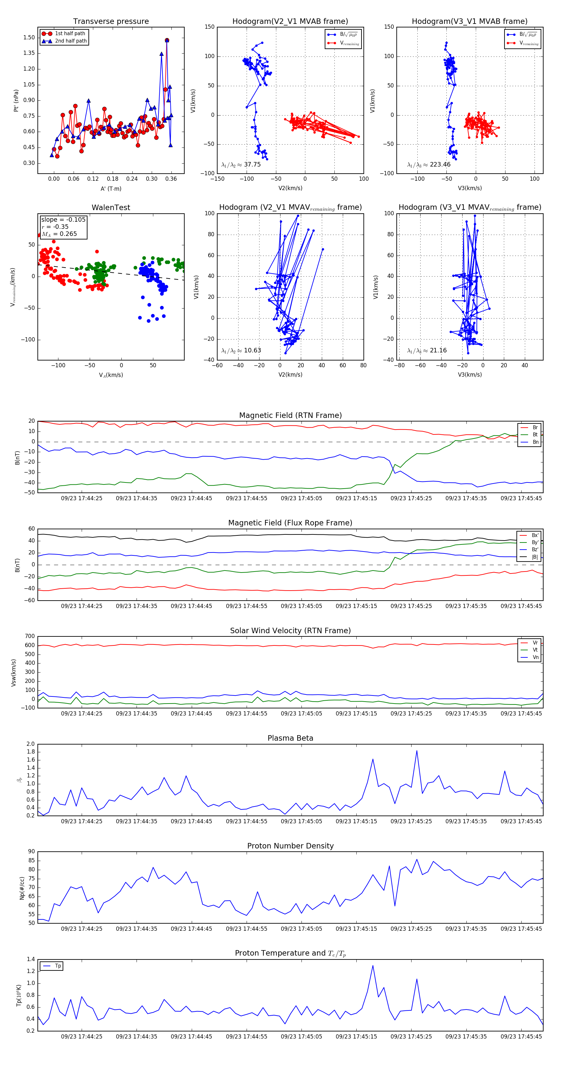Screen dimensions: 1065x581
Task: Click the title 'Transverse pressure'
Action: (111, 22)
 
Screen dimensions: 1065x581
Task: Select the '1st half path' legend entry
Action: (70, 34)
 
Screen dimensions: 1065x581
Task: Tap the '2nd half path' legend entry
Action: (71, 41)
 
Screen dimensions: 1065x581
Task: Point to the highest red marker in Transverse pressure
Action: (167, 40)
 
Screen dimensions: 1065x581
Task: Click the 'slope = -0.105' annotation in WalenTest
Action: (63, 219)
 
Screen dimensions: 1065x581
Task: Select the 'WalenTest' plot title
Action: (111, 208)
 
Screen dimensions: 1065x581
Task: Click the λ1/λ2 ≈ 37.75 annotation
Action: (241, 165)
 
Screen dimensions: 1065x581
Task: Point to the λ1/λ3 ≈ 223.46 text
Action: (429, 165)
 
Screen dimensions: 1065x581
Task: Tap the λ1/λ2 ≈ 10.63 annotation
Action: (241, 350)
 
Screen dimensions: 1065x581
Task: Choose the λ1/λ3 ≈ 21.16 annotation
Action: (427, 350)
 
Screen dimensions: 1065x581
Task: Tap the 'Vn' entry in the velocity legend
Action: (535, 657)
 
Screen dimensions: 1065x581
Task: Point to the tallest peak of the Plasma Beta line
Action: (416, 751)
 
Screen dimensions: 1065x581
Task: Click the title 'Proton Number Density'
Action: (290, 846)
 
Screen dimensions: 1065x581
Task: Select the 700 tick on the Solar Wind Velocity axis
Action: (30, 636)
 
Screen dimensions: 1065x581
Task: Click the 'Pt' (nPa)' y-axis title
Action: (16, 100)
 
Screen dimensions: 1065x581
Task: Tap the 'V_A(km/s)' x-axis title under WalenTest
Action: (111, 375)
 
